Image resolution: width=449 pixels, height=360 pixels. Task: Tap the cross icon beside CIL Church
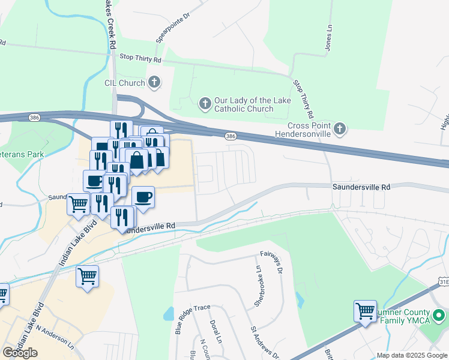pos(155,82)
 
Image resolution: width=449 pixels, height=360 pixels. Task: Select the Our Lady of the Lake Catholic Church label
pos(244,104)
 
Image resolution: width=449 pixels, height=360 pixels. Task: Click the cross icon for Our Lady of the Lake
pos(205,104)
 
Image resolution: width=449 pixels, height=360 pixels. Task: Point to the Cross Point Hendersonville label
pos(309,130)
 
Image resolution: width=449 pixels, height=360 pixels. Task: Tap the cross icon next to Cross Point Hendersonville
pos(340,128)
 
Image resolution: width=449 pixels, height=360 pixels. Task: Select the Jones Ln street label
pos(329,37)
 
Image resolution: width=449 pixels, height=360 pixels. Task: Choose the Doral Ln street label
pos(213,332)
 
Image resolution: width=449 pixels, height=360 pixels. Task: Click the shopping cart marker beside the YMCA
pos(365,311)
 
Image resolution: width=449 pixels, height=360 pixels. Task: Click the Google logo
pos(20,353)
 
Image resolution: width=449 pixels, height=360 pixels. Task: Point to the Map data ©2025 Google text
pos(411,355)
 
